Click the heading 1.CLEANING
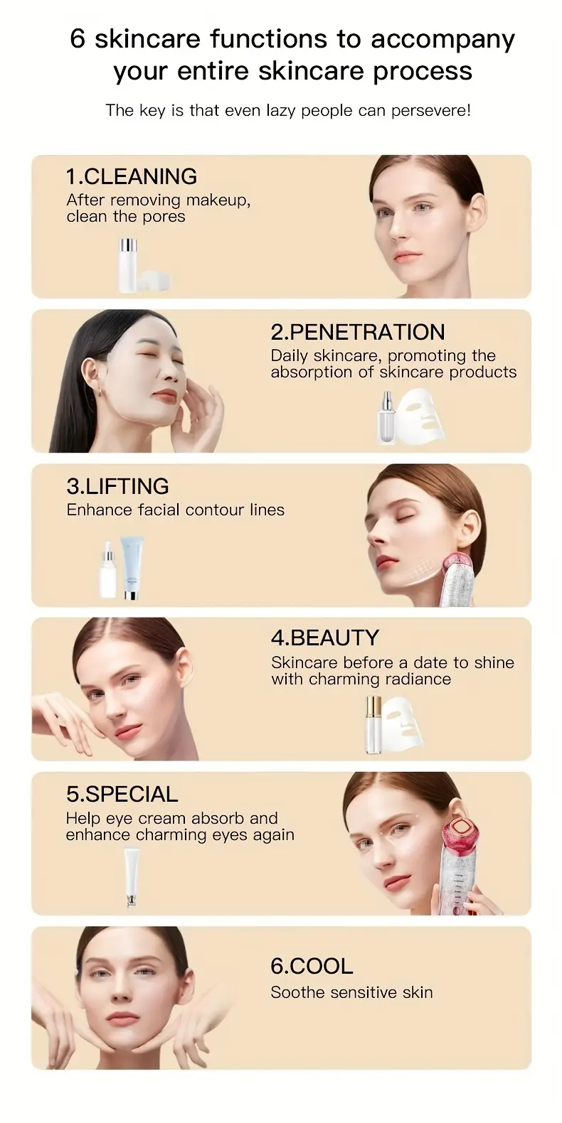coord(132,177)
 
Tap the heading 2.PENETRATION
coord(358,333)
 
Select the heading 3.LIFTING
coord(117,487)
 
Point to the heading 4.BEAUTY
coord(324,638)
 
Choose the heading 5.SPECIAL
coord(122,794)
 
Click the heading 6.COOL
coord(312,967)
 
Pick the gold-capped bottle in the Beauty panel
coord(372,725)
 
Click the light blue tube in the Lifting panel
coord(132,567)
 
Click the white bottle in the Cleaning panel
coord(128,265)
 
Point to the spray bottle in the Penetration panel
coord(386,418)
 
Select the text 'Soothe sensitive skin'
coord(351,993)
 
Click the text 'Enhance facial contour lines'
coord(175,510)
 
